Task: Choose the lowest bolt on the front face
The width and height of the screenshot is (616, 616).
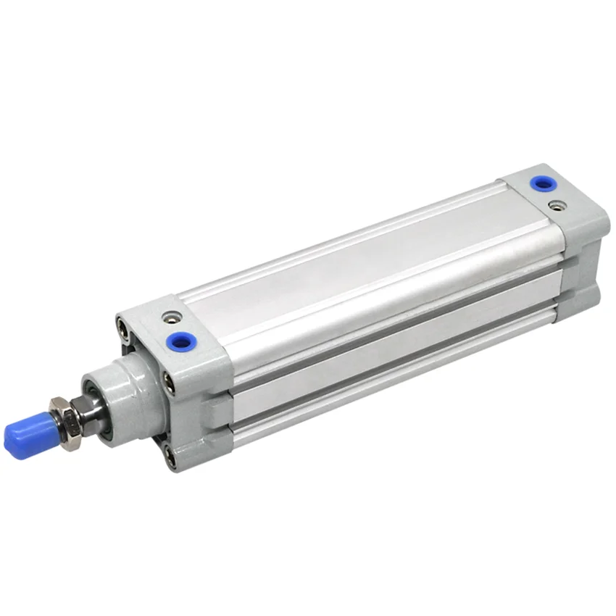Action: [x=168, y=457]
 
